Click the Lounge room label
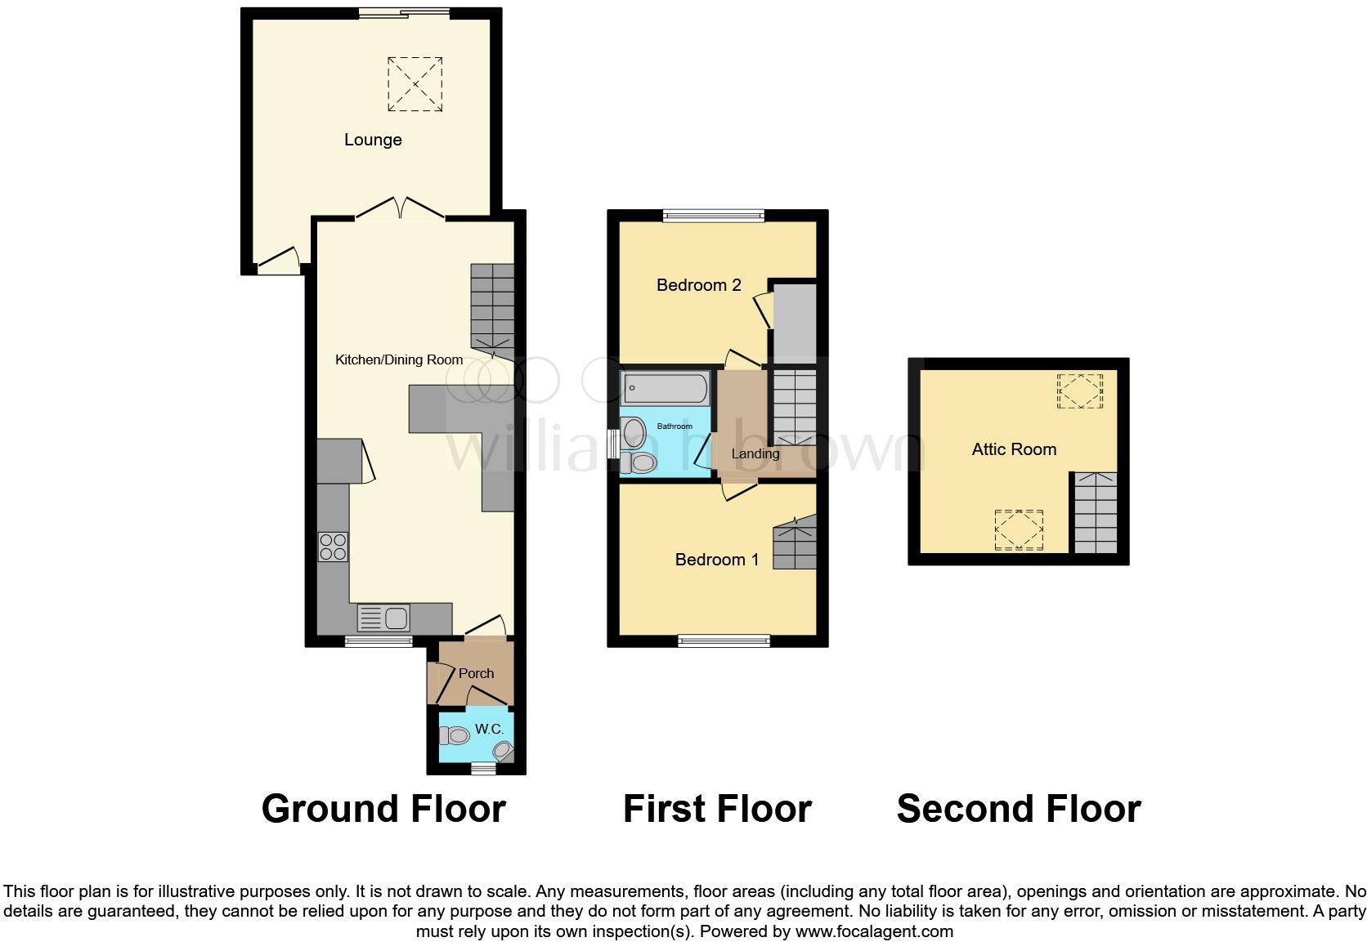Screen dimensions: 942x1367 373,140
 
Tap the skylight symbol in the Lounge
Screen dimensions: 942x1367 415,84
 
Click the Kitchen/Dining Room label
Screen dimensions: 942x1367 399,359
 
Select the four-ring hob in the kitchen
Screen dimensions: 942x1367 333,547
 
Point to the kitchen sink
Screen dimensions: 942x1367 383,618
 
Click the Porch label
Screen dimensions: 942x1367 476,673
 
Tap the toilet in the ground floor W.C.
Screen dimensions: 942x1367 455,735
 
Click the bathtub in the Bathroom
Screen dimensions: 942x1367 665,389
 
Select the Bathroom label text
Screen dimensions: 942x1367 675,426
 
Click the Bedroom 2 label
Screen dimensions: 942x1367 698,285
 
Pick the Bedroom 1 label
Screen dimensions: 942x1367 716,560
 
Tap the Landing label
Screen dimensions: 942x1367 755,453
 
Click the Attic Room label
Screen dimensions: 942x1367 1014,449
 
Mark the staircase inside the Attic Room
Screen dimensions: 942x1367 1095,512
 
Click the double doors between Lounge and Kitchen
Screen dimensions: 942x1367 401,209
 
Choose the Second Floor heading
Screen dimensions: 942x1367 1018,809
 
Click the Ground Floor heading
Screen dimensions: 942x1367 383,809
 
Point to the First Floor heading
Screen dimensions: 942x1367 717,809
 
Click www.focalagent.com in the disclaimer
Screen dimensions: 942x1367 874,931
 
